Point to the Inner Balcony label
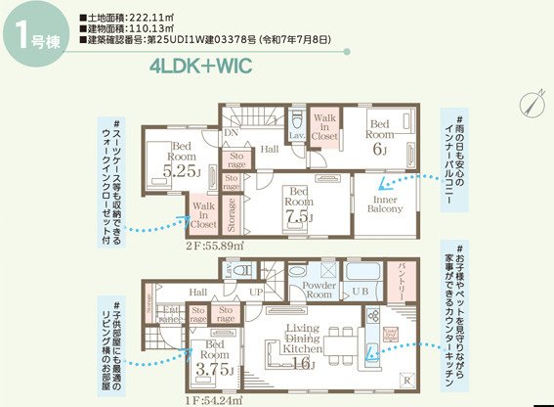click(386, 203)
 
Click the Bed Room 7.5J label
click(297, 203)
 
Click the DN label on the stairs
click(232, 132)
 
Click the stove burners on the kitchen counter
click(372, 319)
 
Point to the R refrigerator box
click(407, 380)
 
